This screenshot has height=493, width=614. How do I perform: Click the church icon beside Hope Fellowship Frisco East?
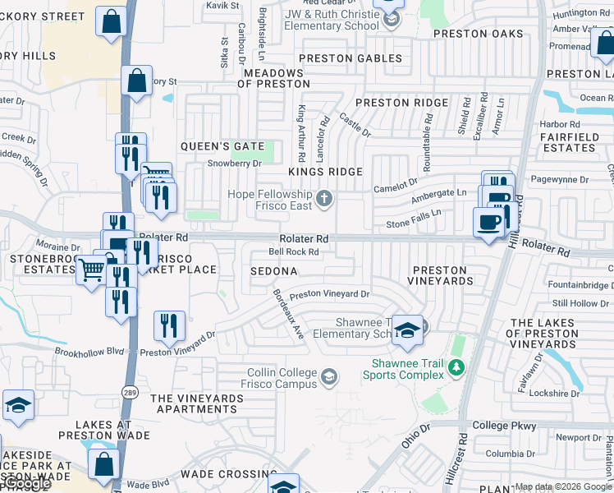point(325,198)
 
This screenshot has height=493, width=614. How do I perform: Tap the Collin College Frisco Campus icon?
point(329,377)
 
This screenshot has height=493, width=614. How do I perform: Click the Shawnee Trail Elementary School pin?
point(406,329)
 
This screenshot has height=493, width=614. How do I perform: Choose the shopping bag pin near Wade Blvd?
point(104,464)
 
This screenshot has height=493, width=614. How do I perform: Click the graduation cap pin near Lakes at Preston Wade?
point(18,406)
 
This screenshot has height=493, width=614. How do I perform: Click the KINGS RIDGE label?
point(325,171)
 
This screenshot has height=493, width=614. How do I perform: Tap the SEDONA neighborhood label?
point(273,270)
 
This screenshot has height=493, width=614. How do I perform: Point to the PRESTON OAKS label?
point(478,33)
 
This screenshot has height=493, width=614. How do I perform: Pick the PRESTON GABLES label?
point(351,58)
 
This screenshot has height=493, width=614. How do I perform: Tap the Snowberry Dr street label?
point(234,163)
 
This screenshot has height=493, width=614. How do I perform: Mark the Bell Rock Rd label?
point(293,251)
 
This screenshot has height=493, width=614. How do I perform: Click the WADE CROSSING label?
point(228,474)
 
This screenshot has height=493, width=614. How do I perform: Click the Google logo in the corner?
point(28,484)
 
